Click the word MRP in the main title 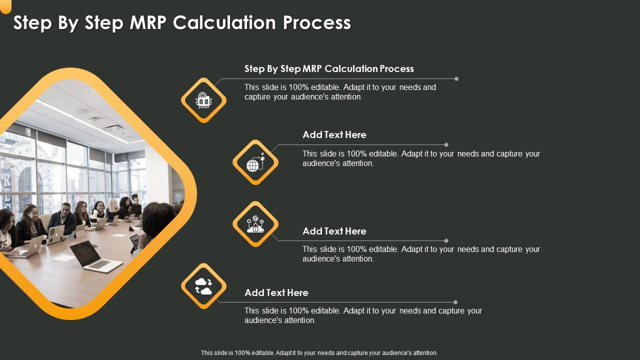point(148,22)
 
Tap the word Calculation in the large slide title point(224,22)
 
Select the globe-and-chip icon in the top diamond point(203,100)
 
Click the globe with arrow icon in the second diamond point(255,162)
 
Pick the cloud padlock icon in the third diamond point(255,224)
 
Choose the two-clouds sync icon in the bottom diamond point(203,286)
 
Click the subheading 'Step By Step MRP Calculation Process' point(329,69)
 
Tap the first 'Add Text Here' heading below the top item point(334,134)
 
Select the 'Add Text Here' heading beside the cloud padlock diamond point(334,231)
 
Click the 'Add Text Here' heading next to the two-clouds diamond point(276,292)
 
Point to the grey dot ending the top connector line point(456,79)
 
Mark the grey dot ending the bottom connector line point(455,302)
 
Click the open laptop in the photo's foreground point(95,256)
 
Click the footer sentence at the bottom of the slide point(319,353)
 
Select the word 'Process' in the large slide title point(317,22)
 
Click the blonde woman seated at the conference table point(112,209)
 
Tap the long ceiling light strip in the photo point(85,121)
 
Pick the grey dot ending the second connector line point(446,145)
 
